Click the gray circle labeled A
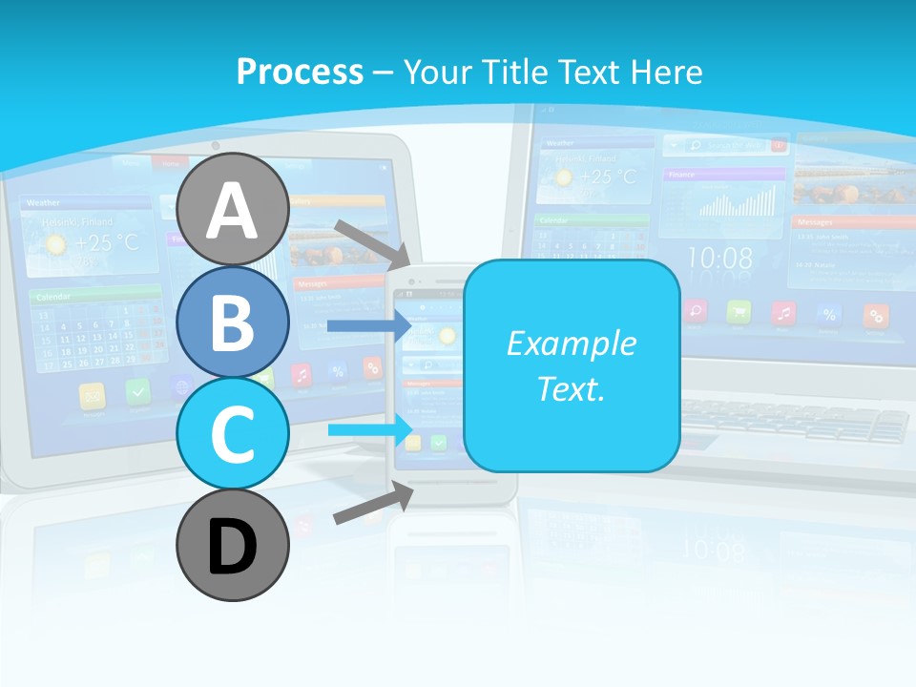click(233, 209)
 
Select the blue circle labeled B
click(233, 323)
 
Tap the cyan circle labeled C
click(233, 434)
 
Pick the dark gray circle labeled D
click(233, 546)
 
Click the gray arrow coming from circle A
click(372, 243)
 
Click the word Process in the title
click(300, 72)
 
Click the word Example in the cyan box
click(571, 343)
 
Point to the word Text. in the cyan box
click(571, 389)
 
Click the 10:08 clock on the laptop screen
click(719, 258)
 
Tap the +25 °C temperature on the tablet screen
click(107, 242)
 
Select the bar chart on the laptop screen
click(737, 201)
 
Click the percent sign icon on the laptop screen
click(830, 312)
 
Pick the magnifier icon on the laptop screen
click(696, 310)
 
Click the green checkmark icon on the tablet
click(139, 391)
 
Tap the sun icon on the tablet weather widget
click(56, 244)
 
